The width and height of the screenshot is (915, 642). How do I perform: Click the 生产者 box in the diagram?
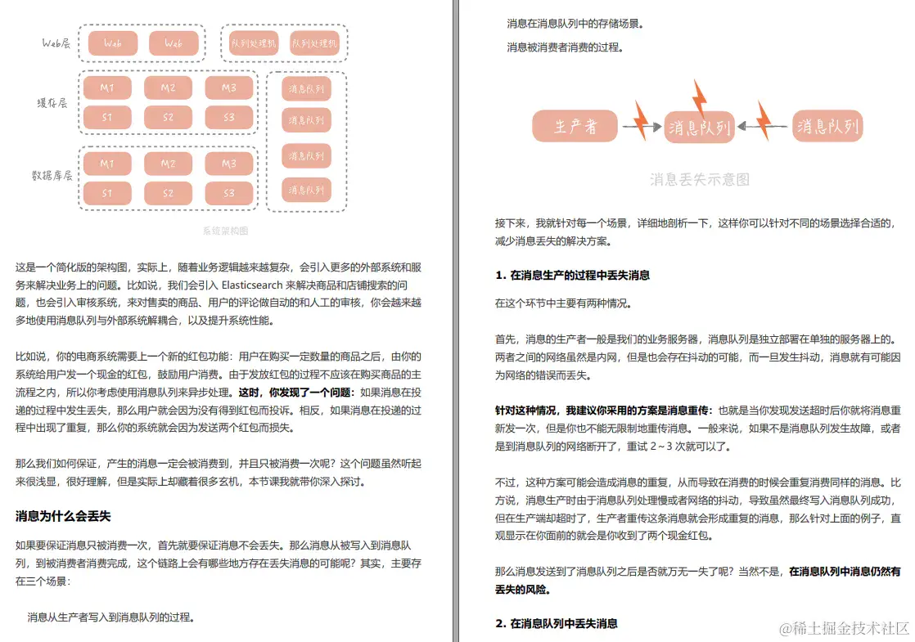point(575,126)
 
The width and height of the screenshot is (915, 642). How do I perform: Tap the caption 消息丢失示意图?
point(699,179)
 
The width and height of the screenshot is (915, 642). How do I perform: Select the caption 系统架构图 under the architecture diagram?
point(225,231)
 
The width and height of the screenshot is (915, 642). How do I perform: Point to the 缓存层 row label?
point(52,103)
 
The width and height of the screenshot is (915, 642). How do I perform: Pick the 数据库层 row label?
point(52,176)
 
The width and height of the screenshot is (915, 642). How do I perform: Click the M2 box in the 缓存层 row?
point(168,88)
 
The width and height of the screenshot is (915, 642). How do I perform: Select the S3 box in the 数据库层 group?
point(228,194)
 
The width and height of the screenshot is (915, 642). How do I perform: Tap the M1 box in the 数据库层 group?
point(107,164)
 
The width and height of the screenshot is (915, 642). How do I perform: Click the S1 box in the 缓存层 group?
point(107,117)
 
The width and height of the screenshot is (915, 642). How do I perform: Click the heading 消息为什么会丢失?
point(63,516)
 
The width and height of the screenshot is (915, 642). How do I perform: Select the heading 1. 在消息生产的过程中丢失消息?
point(573,275)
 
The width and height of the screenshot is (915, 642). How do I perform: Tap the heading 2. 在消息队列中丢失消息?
point(557,623)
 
